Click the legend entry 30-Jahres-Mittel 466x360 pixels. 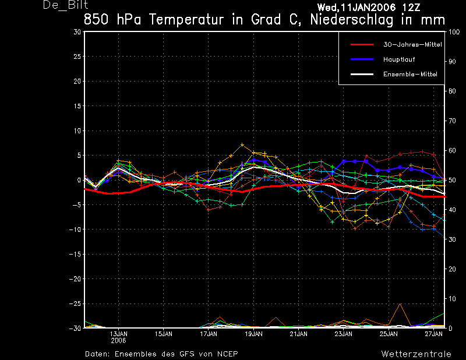point(412,45)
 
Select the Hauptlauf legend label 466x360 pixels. point(399,59)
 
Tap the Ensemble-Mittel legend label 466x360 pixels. point(410,75)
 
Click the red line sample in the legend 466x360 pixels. point(362,45)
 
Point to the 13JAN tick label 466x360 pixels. point(119,334)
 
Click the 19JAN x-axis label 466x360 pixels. point(253,334)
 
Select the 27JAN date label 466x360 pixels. point(433,334)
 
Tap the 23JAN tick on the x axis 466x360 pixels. point(344,334)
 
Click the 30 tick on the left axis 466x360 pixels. point(77,32)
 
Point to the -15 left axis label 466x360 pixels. point(75,254)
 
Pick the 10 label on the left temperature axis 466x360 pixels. point(77,130)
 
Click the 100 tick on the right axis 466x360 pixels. point(454,32)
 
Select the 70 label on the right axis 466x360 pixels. point(452,121)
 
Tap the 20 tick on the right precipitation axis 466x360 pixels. point(452,269)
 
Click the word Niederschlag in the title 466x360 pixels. point(352,20)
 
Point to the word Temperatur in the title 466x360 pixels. point(186,20)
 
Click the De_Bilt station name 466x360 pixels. point(65,5)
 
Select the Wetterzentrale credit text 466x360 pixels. point(416,354)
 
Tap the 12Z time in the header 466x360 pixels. point(411,8)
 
